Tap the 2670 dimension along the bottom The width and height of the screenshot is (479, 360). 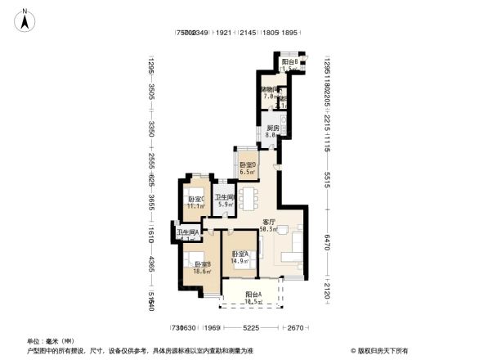(295, 329)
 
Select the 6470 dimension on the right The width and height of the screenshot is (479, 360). (326, 242)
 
